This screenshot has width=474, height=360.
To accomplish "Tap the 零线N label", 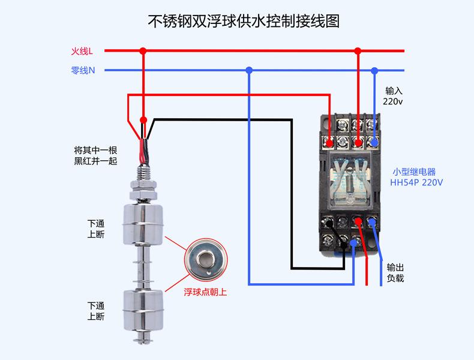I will [x=83, y=70].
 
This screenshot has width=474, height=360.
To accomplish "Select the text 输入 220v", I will [x=393, y=96].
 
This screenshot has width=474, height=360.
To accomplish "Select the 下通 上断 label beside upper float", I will [x=96, y=229].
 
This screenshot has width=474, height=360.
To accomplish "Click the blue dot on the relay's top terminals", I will [x=374, y=143].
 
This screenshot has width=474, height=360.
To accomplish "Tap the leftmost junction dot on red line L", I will [x=143, y=51].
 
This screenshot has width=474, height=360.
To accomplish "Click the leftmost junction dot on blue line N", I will [x=249, y=70].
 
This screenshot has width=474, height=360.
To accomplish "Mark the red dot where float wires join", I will [x=143, y=119].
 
